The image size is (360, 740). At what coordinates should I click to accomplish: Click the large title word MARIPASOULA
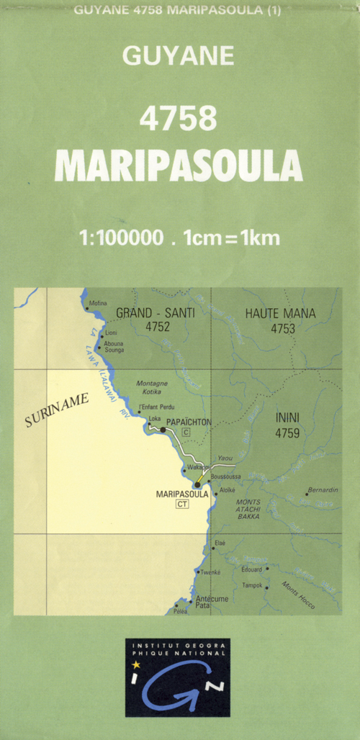pos(179,165)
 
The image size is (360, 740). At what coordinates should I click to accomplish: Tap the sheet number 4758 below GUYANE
pos(179,119)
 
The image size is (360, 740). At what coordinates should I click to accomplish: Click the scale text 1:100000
pos(123,237)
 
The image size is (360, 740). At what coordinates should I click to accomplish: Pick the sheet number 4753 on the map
pos(283,328)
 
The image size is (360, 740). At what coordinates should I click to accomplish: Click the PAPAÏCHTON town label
pos(189,421)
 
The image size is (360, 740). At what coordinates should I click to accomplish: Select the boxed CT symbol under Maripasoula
pos(181,505)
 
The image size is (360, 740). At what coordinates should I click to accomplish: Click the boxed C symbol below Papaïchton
pos(185,432)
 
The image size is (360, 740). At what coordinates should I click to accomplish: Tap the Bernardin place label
pos(322,490)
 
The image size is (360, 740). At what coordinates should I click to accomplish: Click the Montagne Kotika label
pos(152,388)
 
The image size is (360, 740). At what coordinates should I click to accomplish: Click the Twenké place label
pos(210,573)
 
